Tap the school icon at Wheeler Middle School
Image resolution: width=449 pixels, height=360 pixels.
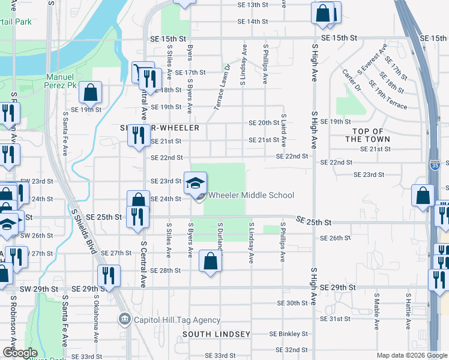click(195, 182)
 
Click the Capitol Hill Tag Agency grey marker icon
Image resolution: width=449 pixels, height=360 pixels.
click(125, 319)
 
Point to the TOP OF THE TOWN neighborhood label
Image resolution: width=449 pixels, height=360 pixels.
click(368, 135)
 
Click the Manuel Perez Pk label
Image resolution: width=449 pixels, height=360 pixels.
click(61, 82)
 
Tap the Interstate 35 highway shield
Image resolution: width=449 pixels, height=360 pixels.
click(434, 164)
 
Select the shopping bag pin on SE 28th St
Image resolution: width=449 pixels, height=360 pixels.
click(210, 261)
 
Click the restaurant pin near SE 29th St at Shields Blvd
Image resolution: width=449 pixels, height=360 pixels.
click(109, 276)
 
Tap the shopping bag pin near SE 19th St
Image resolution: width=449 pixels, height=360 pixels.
click(90, 92)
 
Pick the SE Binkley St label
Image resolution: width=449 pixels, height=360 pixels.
click(288, 334)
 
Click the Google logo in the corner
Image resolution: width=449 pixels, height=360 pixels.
click(19, 353)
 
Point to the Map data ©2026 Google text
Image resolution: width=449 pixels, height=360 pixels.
click(411, 355)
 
